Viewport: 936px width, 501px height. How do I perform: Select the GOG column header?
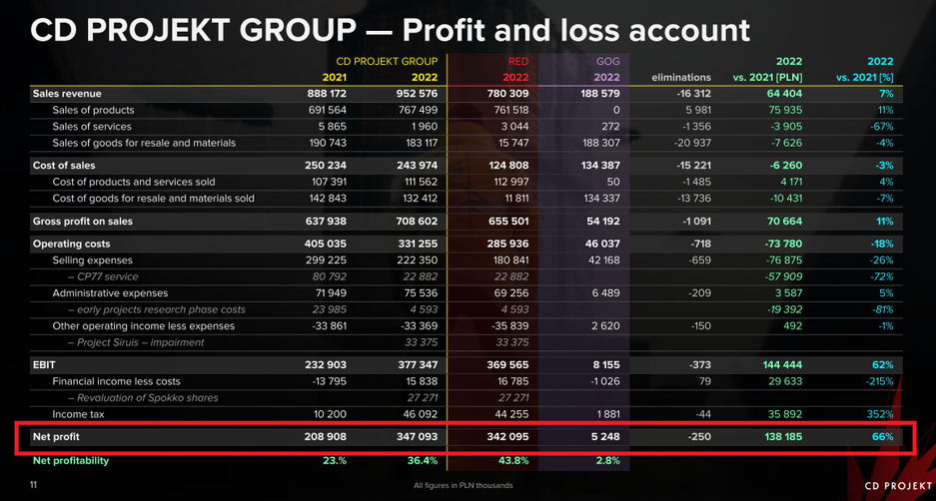[606, 61]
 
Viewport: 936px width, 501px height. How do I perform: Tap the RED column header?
[517, 61]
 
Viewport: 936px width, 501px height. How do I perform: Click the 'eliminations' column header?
[681, 77]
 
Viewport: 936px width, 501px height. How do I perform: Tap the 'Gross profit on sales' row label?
[83, 221]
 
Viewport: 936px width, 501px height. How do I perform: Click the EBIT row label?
[45, 365]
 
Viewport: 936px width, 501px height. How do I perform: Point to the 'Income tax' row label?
[81, 413]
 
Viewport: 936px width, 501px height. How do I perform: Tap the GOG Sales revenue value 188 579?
[596, 93]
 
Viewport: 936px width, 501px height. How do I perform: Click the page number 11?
[33, 485]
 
